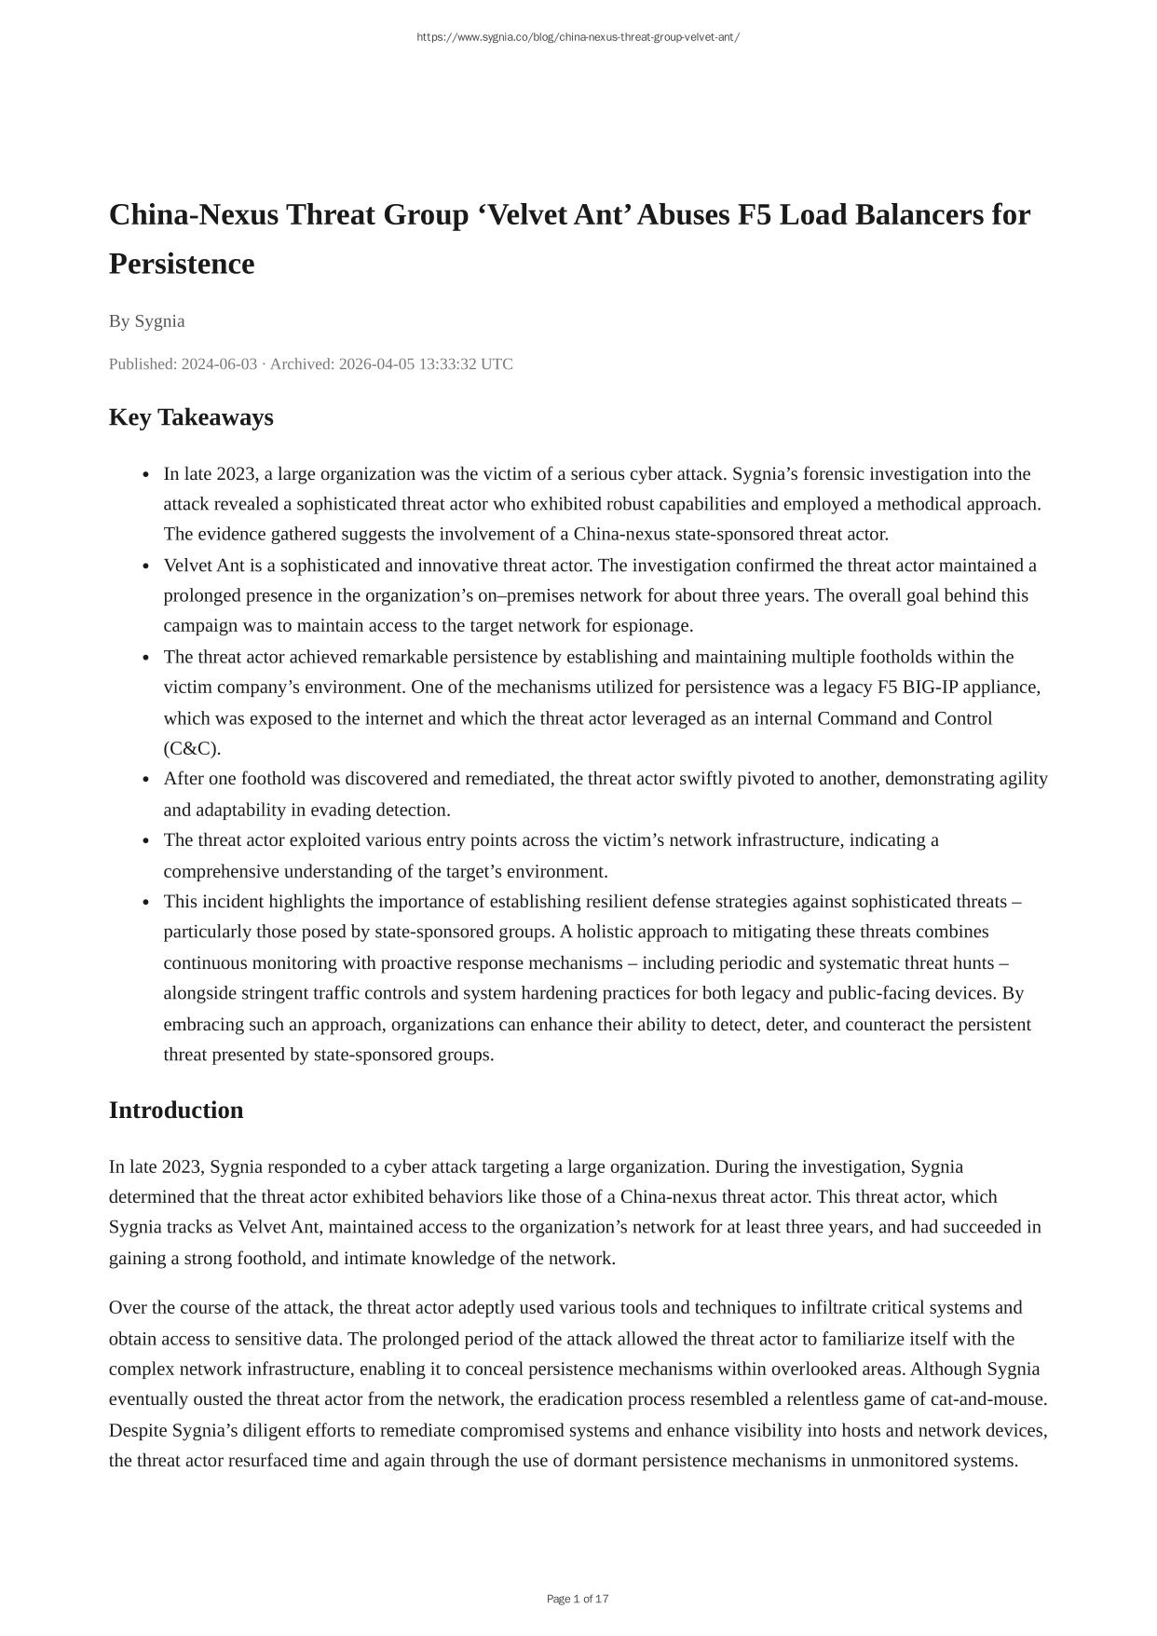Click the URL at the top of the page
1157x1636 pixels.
click(x=578, y=37)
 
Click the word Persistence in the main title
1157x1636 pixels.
click(x=182, y=264)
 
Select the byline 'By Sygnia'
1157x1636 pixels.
click(x=147, y=321)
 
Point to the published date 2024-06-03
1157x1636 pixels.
click(x=219, y=364)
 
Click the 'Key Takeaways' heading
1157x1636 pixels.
click(x=191, y=417)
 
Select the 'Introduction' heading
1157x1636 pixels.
click(x=176, y=1111)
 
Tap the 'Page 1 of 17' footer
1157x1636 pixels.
click(x=578, y=1599)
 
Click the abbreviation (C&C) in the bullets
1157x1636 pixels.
click(x=192, y=748)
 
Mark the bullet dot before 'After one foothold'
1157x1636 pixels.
click(x=147, y=780)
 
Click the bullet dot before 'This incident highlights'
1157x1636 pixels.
click(x=147, y=903)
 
